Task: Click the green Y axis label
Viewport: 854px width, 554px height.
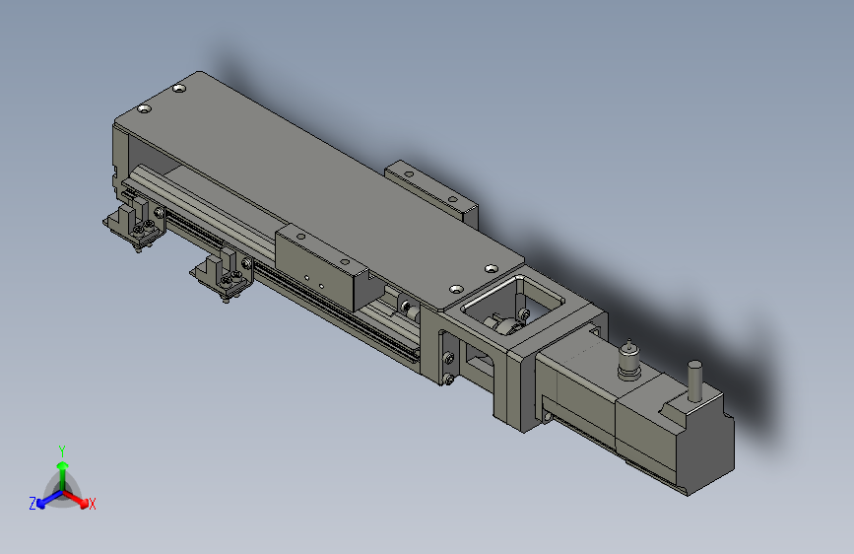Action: click(61, 450)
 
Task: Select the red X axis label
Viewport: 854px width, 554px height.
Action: click(93, 505)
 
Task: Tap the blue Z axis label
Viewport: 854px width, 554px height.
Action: click(33, 503)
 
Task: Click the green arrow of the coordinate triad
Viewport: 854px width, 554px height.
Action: click(61, 468)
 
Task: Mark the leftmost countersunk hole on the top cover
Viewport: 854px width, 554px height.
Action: click(145, 108)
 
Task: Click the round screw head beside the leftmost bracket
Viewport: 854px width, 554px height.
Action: click(157, 210)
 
